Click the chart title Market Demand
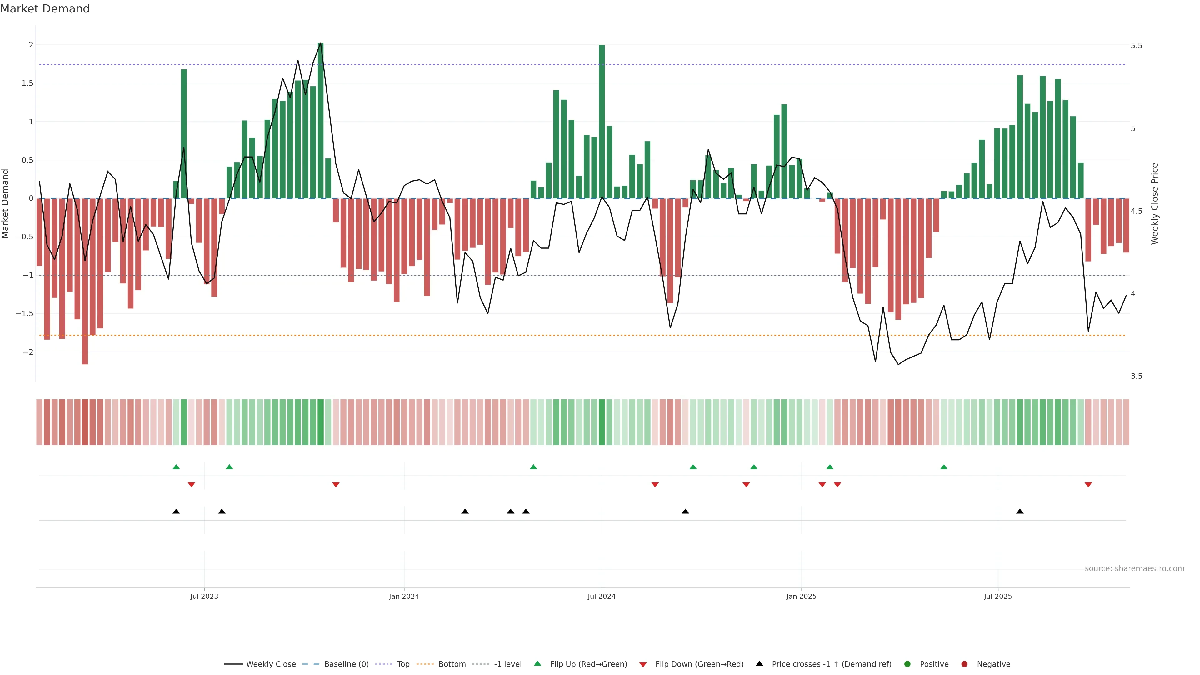pyautogui.click(x=45, y=9)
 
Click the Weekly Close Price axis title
pyautogui.click(x=1154, y=203)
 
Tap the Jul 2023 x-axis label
pyautogui.click(x=204, y=596)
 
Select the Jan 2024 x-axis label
pyautogui.click(x=404, y=596)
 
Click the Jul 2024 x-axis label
pyautogui.click(x=601, y=596)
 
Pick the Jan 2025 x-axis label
pyautogui.click(x=801, y=596)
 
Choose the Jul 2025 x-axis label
pyautogui.click(x=998, y=596)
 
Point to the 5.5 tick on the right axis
pyautogui.click(x=1136, y=46)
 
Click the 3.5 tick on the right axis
pyautogui.click(x=1136, y=376)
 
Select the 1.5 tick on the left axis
pyautogui.click(x=28, y=83)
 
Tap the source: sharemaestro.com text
pyautogui.click(x=1134, y=569)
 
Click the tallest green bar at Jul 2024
pyautogui.click(x=602, y=121)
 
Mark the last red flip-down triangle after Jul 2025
pyautogui.click(x=1088, y=485)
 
